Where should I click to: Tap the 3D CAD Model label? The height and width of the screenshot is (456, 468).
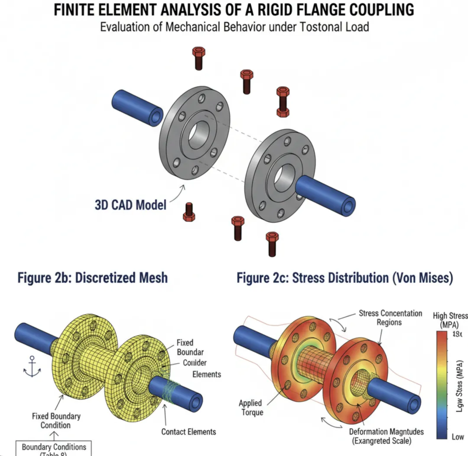pyautogui.click(x=130, y=204)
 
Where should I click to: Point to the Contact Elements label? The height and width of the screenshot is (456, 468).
pyautogui.click(x=188, y=431)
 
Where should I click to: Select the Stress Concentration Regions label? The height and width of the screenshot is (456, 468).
pyautogui.click(x=390, y=318)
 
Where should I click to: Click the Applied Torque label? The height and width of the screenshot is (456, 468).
pyautogui.click(x=250, y=407)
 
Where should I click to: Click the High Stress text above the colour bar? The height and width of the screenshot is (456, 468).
pyautogui.click(x=450, y=320)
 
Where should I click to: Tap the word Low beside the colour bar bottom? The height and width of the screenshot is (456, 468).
pyautogui.click(x=458, y=436)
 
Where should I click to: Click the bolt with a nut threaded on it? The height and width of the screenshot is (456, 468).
pyautogui.click(x=283, y=102)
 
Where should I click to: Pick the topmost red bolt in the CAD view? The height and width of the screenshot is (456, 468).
pyautogui.click(x=198, y=57)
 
